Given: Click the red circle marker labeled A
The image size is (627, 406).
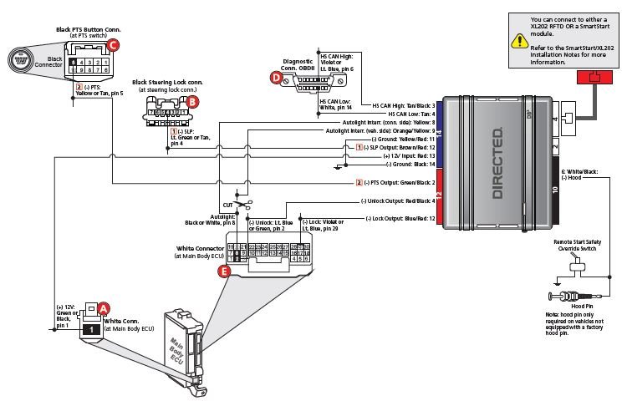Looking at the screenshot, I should (104, 307).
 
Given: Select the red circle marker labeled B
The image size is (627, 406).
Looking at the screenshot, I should (193, 101).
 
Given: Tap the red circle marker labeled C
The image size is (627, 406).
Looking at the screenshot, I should (115, 43).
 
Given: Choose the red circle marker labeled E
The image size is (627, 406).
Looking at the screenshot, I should (223, 272).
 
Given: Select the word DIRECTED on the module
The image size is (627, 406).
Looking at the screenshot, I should (497, 163).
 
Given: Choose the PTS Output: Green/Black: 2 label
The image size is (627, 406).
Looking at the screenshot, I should (399, 182).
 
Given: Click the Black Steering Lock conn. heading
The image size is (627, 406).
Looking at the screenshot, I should (166, 83).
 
